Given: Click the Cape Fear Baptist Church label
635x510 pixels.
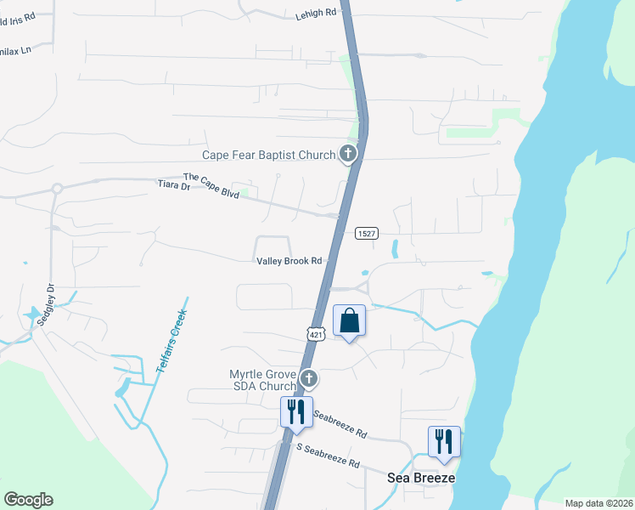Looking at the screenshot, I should [x=268, y=155].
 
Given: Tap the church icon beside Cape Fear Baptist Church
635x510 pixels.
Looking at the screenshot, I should [x=347, y=154].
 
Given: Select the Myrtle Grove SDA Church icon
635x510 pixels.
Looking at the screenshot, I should [x=309, y=379].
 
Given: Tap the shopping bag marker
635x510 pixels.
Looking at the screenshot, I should [x=349, y=321].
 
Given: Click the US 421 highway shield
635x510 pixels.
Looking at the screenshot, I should [x=316, y=334].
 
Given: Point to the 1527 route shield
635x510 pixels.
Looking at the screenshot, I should [x=366, y=234].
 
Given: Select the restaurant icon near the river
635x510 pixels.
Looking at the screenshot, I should [x=444, y=441].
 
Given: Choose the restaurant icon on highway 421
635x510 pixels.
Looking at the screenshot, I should [x=296, y=411].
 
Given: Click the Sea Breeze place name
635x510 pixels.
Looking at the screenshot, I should [x=421, y=478].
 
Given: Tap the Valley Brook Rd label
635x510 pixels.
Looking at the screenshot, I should [x=289, y=261].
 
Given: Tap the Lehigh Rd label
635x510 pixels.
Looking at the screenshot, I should [x=316, y=14].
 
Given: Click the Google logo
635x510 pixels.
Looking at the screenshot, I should [x=28, y=500].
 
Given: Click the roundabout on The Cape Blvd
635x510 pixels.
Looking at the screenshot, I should [x=57, y=189].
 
